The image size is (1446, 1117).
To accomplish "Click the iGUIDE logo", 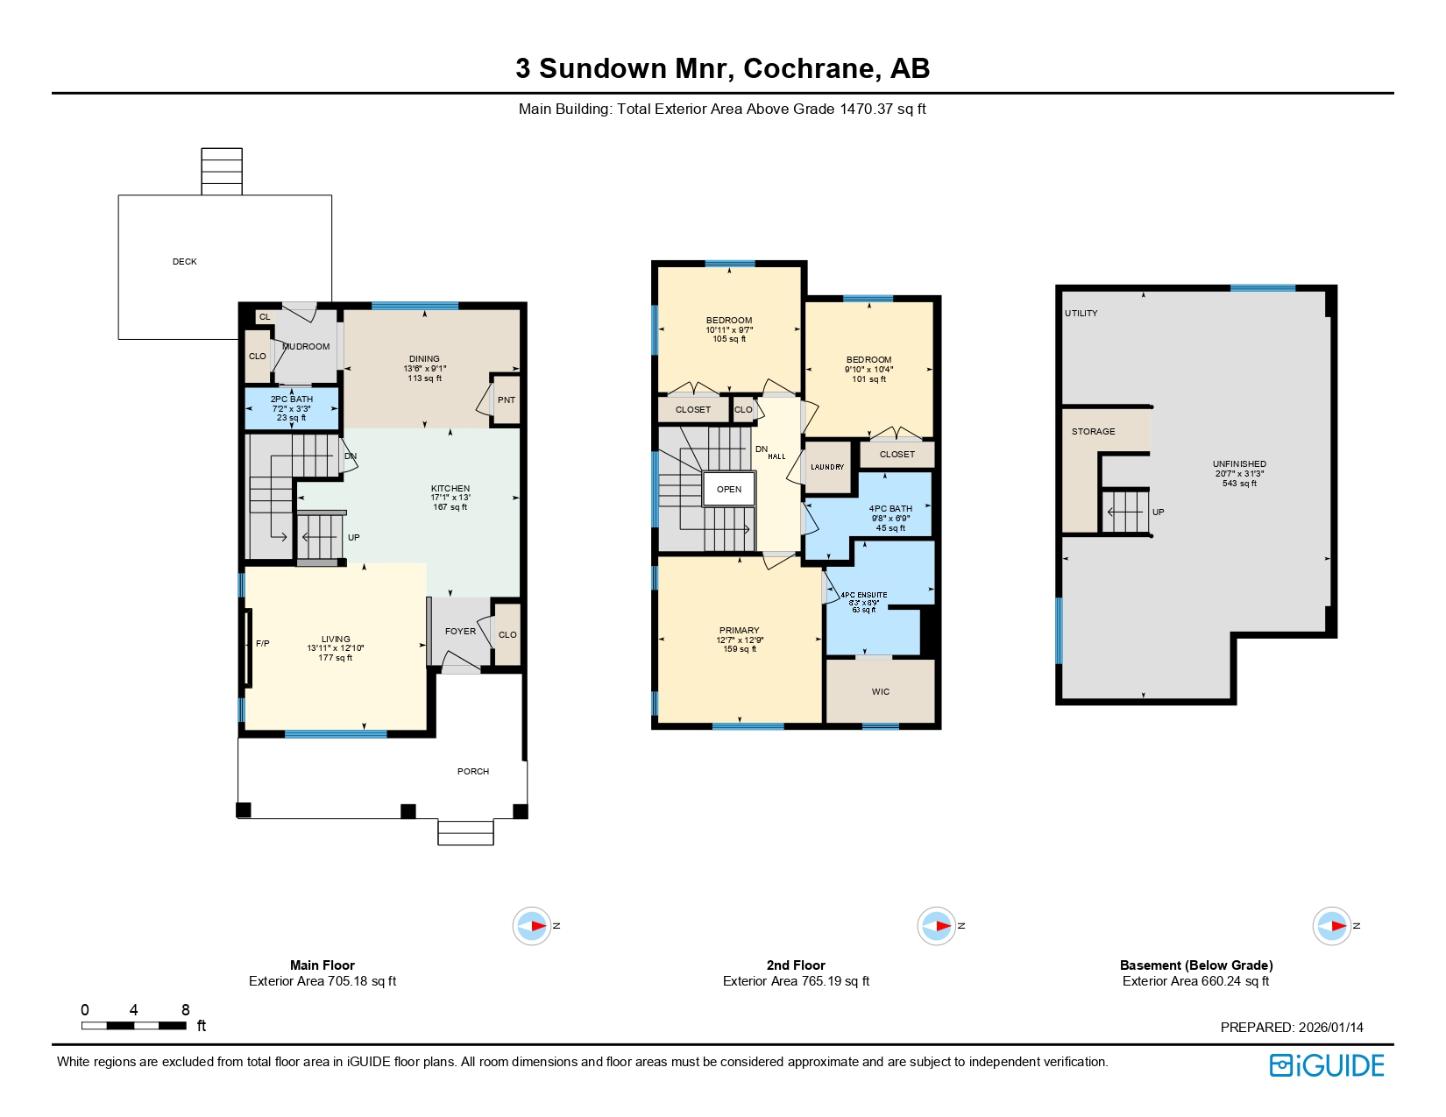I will point(1326,1065).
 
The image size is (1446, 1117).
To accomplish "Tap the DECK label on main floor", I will point(184,262).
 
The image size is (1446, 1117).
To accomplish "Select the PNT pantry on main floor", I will point(506,400).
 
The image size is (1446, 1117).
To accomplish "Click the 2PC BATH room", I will point(291,408).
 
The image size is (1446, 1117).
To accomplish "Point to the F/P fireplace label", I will point(262,644).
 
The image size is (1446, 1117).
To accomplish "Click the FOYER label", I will point(460,632).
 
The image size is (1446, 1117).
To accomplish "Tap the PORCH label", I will point(472,772).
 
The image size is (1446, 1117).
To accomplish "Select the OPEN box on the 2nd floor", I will point(728,490).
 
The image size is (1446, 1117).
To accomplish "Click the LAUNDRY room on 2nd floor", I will point(826,467).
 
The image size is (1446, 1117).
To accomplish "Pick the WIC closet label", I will point(880,692).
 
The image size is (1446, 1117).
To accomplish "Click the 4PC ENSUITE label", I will point(863,596).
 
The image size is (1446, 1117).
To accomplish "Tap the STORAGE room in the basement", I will point(1093,432).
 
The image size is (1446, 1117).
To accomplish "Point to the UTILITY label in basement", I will point(1081,314).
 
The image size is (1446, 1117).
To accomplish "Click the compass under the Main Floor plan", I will point(532,926).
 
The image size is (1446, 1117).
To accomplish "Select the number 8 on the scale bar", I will point(185,1010).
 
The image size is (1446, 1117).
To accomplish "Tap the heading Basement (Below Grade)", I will point(1195,965).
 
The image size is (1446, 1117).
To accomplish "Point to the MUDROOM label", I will point(307,347).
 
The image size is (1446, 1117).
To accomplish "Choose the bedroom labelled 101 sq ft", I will point(868,369).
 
